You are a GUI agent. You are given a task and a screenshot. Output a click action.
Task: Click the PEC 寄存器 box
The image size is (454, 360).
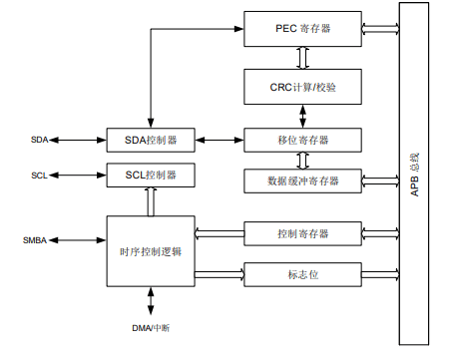(301, 29)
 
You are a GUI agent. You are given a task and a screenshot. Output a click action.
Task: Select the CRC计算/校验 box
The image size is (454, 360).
(301, 87)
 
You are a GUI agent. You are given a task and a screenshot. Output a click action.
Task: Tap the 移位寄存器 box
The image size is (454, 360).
(301, 139)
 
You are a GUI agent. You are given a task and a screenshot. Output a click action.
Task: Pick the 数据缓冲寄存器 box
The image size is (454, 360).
(301, 180)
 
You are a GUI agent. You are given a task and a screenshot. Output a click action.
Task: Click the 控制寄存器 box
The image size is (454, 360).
(301, 234)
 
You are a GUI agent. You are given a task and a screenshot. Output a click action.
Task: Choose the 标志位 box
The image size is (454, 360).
(301, 272)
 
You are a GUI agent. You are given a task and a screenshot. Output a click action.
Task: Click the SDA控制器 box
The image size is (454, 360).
(151, 139)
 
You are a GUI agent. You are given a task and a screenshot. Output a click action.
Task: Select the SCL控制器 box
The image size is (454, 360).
(151, 176)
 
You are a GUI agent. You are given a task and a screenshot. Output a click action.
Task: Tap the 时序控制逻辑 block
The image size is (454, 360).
(151, 250)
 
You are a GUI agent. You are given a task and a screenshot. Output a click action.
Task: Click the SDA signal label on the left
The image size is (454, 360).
(39, 139)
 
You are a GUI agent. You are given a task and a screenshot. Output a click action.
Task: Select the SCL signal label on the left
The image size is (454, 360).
(39, 176)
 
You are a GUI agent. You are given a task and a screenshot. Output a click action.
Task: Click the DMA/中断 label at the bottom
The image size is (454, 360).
(152, 328)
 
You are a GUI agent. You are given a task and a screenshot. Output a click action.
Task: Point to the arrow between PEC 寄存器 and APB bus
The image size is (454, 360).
(379, 29)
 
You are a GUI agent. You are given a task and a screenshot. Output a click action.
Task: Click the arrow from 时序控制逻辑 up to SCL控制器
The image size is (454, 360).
(151, 201)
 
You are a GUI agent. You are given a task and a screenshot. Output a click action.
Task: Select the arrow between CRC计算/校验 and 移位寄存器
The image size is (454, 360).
(301, 114)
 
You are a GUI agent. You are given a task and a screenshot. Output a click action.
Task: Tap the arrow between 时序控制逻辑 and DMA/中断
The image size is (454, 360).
(152, 302)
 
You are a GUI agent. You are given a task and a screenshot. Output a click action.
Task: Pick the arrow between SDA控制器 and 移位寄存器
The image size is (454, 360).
(220, 139)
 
